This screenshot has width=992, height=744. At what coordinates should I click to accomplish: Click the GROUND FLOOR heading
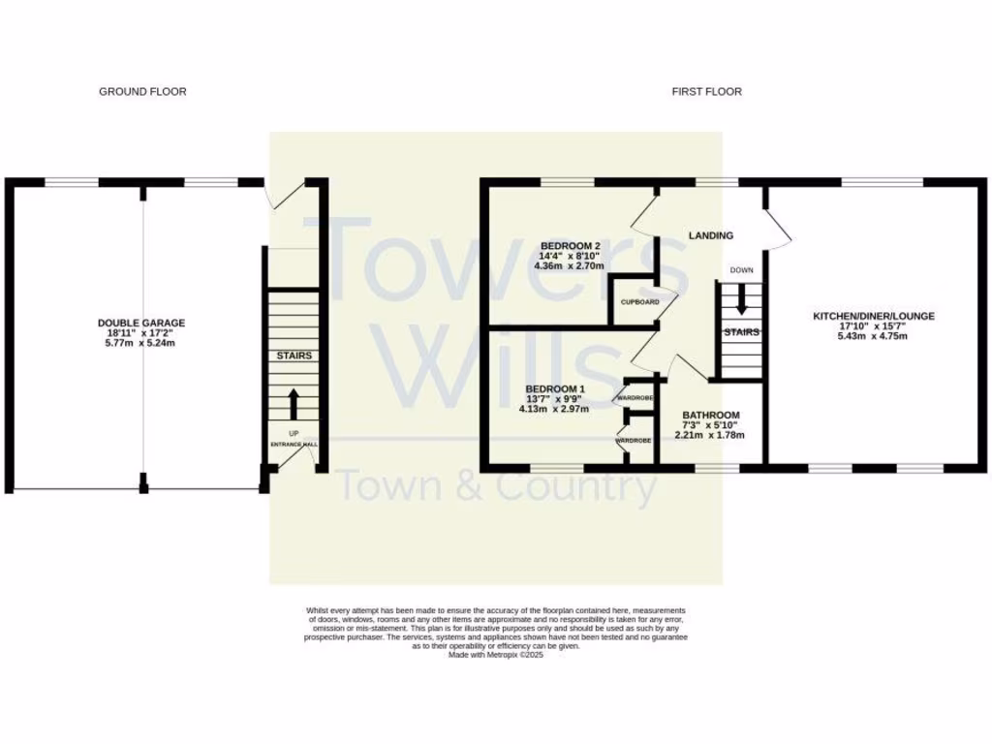pyautogui.click(x=142, y=92)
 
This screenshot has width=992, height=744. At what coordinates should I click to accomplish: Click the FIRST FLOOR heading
pyautogui.click(x=707, y=92)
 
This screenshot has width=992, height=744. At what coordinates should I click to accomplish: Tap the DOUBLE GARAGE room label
pyautogui.click(x=141, y=323)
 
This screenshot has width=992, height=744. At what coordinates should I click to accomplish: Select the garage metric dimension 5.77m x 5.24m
pyautogui.click(x=141, y=344)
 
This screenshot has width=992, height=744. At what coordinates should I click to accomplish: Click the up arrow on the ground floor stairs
pyautogui.click(x=294, y=404)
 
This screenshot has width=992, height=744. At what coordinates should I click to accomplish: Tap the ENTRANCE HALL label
pyautogui.click(x=294, y=445)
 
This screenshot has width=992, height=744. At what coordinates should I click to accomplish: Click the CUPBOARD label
pyautogui.click(x=640, y=302)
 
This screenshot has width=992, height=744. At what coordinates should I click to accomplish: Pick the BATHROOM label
pyautogui.click(x=711, y=415)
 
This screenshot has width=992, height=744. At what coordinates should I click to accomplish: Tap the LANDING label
pyautogui.click(x=710, y=235)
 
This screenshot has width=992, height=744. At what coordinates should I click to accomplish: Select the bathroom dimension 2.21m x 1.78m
pyautogui.click(x=711, y=436)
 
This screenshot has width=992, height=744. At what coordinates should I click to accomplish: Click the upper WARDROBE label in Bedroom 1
pyautogui.click(x=634, y=398)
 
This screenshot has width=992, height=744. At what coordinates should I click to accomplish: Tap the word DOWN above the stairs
pyautogui.click(x=742, y=270)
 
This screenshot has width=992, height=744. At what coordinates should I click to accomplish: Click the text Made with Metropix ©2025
pyautogui.click(x=496, y=655)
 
